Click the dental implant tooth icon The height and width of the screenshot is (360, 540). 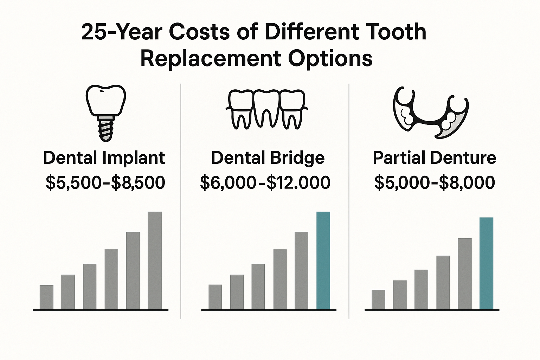tap(105, 112)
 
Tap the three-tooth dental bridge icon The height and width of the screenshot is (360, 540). tap(266, 109)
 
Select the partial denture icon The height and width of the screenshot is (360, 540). tap(430, 112)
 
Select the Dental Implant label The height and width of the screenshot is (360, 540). tap(104, 158)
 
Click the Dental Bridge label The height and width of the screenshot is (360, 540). tap(268, 158)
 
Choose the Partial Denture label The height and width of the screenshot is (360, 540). tap(434, 158)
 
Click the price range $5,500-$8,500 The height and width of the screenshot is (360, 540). tap(105, 183)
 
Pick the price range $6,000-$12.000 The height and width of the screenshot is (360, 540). tap(265, 183)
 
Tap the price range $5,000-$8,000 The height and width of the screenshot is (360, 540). tap(435, 183)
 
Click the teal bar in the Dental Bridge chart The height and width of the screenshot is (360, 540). tap(323, 261)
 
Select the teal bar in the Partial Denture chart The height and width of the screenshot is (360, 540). tap(486, 264)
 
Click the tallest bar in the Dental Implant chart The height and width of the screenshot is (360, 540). tap(154, 261)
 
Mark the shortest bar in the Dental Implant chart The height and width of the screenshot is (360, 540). tap(46, 297)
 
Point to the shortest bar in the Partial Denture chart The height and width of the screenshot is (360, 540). tap(378, 300)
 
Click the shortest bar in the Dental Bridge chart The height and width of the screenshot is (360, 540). tap(215, 297)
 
